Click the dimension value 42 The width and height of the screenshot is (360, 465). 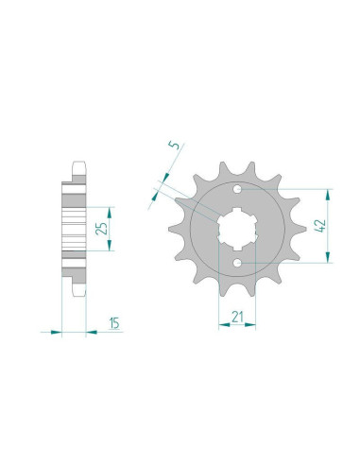click(x=320, y=226)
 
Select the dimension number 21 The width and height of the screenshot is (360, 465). click(x=237, y=317)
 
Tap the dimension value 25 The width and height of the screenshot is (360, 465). click(x=101, y=229)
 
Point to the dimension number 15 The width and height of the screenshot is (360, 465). click(x=114, y=323)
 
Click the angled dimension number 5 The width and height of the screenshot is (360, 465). click(x=174, y=145)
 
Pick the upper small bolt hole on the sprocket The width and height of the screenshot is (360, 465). click(x=237, y=189)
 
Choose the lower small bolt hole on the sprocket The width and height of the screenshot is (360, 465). click(x=237, y=262)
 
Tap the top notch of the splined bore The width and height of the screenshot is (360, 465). click(x=237, y=210)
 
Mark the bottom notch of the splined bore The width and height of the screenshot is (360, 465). click(x=237, y=247)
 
